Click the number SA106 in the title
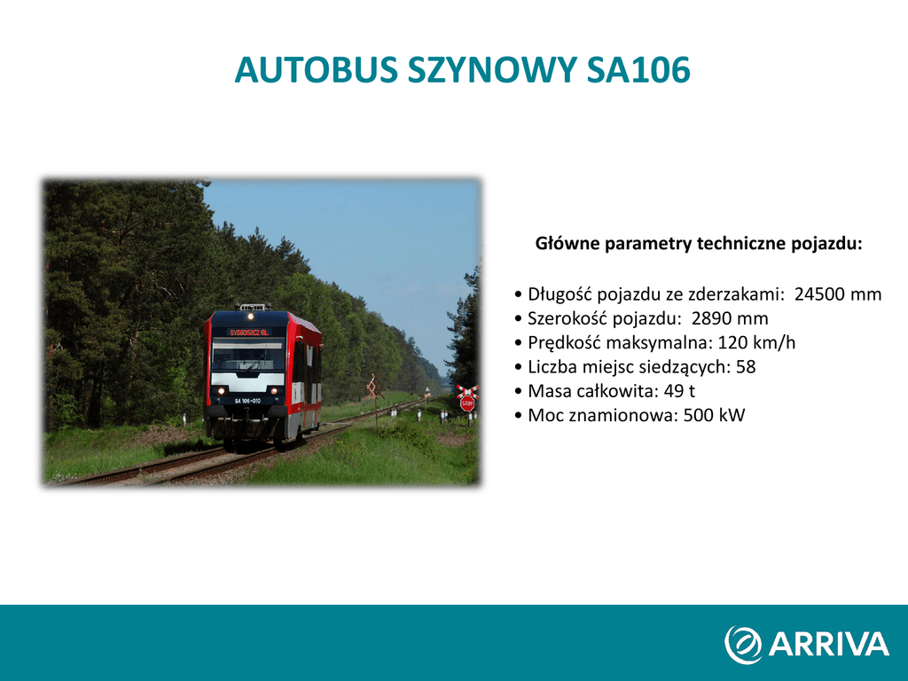click(638, 70)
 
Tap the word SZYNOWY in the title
click(492, 70)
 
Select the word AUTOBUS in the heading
click(317, 70)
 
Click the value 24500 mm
click(838, 294)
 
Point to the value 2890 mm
click(730, 318)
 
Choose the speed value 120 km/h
click(756, 343)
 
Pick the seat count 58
click(746, 367)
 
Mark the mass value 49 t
click(679, 391)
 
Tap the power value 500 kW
click(714, 415)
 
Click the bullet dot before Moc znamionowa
click(518, 416)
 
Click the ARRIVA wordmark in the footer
click(829, 644)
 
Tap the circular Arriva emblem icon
click(743, 645)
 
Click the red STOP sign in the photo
click(467, 403)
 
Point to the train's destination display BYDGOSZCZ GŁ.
click(249, 333)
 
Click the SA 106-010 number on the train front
click(247, 401)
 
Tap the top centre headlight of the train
click(250, 317)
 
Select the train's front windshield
click(248, 355)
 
